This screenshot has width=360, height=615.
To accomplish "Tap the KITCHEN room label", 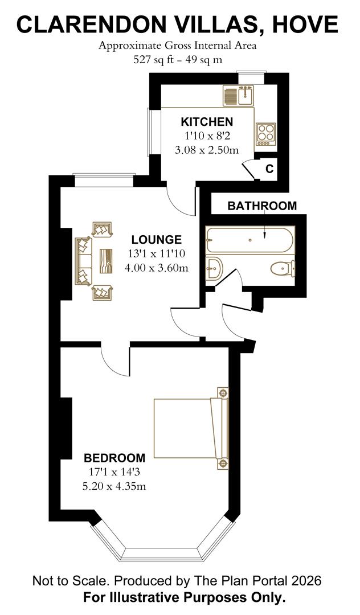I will tap(207, 122).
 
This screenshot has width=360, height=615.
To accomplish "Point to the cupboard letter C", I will tap(269, 169).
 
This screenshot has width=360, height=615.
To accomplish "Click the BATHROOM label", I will tap(262, 206).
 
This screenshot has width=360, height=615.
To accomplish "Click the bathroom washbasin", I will tap(214, 268).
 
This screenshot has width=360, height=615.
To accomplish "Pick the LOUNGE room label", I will tap(156, 240).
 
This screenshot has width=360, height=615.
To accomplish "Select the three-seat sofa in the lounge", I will tap(83, 261).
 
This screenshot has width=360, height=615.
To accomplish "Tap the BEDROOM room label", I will tap(114, 458).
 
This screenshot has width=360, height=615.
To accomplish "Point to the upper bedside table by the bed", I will tap(223, 393).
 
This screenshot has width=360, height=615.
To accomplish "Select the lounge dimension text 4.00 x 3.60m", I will tap(156, 267).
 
